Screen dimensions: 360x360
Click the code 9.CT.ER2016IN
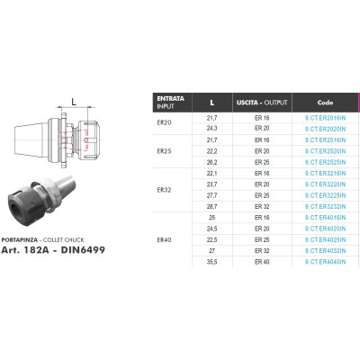(x=325, y=118)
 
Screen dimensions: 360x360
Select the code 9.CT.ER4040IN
(x=325, y=262)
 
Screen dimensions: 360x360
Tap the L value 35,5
(x=211, y=262)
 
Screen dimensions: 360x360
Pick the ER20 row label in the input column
(x=164, y=122)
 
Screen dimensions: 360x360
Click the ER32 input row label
(x=164, y=190)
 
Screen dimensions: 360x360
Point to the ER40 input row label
(x=164, y=240)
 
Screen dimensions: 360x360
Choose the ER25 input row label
(x=164, y=151)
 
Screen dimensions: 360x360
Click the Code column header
(x=325, y=103)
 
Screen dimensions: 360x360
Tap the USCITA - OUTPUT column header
(x=262, y=103)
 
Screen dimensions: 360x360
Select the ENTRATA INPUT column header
(x=170, y=103)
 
